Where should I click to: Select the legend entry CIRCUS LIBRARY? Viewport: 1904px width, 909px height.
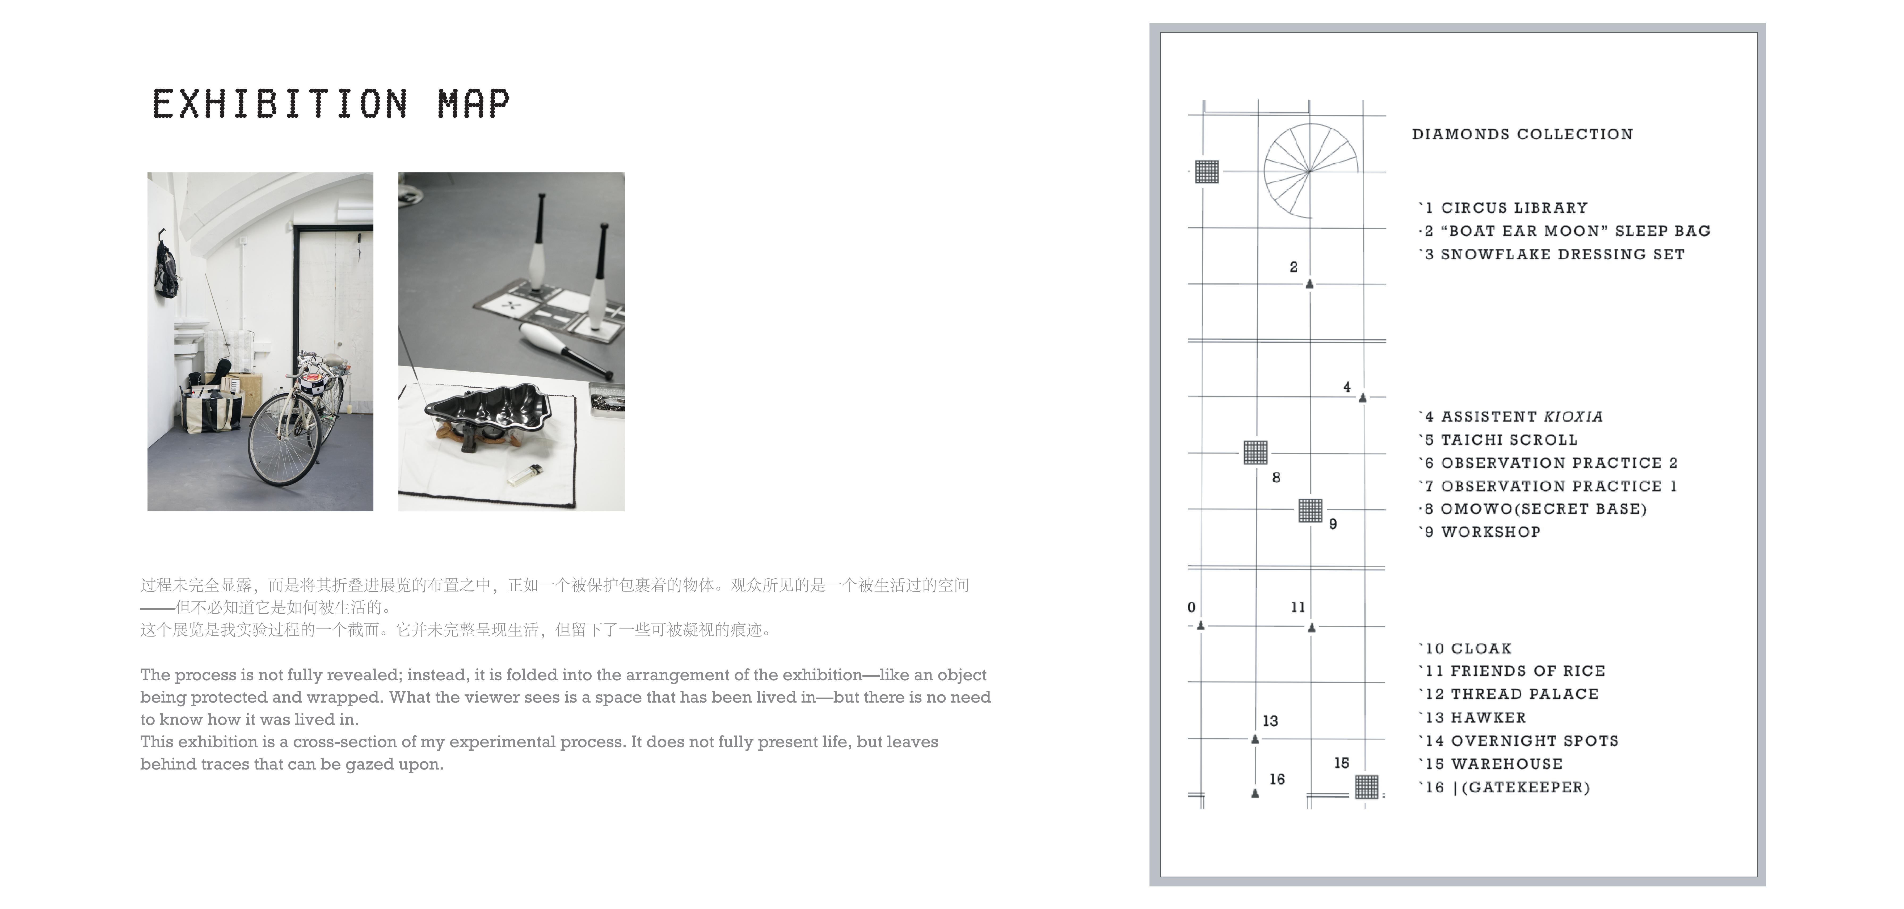click(1514, 208)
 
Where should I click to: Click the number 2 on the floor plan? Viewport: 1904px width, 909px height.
click(1294, 267)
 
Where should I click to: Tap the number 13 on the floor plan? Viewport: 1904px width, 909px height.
click(1270, 721)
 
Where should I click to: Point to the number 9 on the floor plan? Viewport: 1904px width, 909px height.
click(1333, 524)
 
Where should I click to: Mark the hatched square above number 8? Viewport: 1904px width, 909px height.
click(1255, 452)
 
